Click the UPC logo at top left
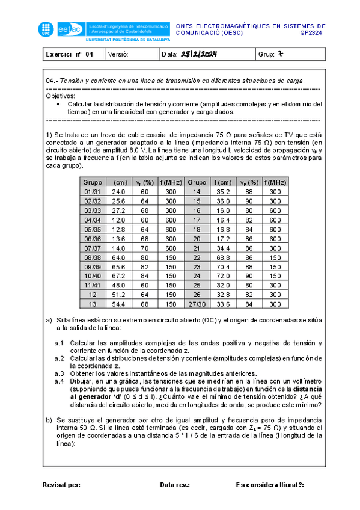pos(46,29)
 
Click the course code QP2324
pos(313,34)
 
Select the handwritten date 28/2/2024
pos(198,55)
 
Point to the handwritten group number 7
pos(279,54)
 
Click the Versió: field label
pos(118,55)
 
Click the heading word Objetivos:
pos(61,96)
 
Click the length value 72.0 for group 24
pos(224,276)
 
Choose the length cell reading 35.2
pos(224,191)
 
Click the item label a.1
pos(59,343)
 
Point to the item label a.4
pos(59,381)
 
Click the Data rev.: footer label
pos(175,484)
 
